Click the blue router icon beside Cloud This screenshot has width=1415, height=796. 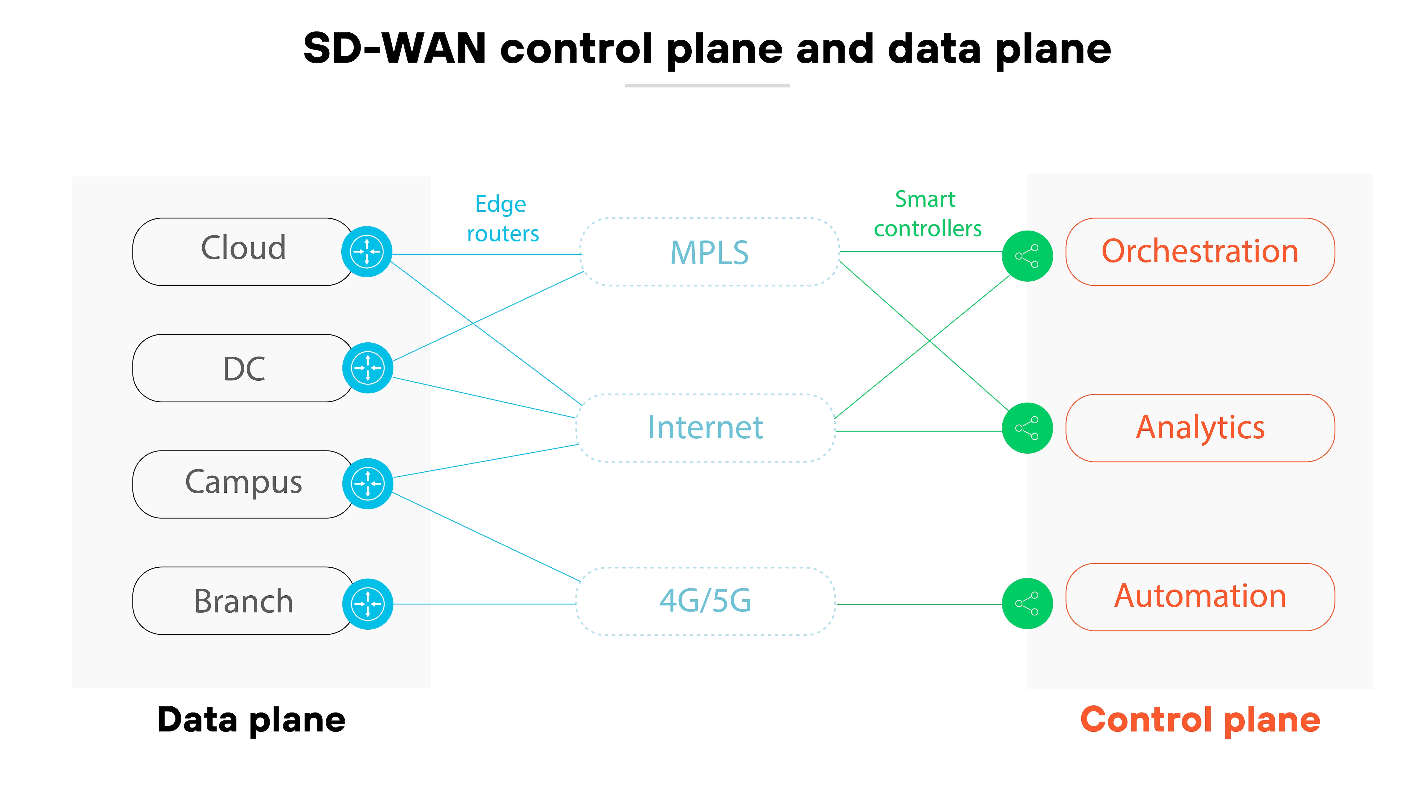[366, 252]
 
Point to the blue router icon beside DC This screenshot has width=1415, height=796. [368, 368]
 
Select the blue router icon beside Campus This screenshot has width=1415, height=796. [368, 483]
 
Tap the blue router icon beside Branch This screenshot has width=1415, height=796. [368, 604]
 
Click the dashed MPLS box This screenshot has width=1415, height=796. [709, 252]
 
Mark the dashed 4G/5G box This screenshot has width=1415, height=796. [705, 601]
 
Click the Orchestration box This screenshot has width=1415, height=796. [1200, 252]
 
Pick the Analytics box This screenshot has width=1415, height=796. [1200, 428]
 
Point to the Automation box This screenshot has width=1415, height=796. [1200, 597]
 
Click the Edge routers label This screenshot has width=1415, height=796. [502, 219]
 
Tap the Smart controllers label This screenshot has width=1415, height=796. [927, 214]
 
